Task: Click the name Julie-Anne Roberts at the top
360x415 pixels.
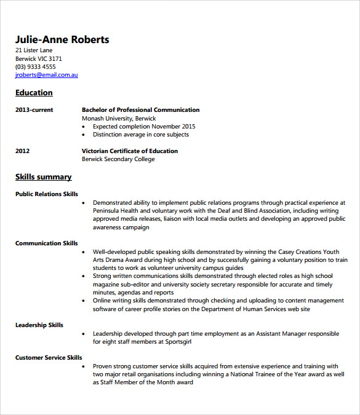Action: pos(62,40)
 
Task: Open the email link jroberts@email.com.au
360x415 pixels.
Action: pos(47,75)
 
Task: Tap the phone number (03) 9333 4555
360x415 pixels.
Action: pos(35,67)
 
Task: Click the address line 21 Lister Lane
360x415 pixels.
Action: pos(34,50)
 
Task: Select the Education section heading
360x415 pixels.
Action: pos(34,93)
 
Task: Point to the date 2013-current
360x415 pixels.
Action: pos(34,110)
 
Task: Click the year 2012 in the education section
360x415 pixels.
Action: pos(23,151)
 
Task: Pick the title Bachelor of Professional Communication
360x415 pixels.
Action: pos(140,110)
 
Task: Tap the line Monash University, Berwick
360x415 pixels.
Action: pos(119,118)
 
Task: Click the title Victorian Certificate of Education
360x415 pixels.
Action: pos(130,151)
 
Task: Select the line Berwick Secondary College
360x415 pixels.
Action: pos(118,159)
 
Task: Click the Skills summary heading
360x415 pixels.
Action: pos(43,177)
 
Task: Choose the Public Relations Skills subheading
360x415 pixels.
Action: pos(47,194)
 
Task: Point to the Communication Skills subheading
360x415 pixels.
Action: pos(47,243)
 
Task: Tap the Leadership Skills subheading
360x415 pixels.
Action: pos(39,325)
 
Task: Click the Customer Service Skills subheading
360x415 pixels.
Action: pos(49,357)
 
